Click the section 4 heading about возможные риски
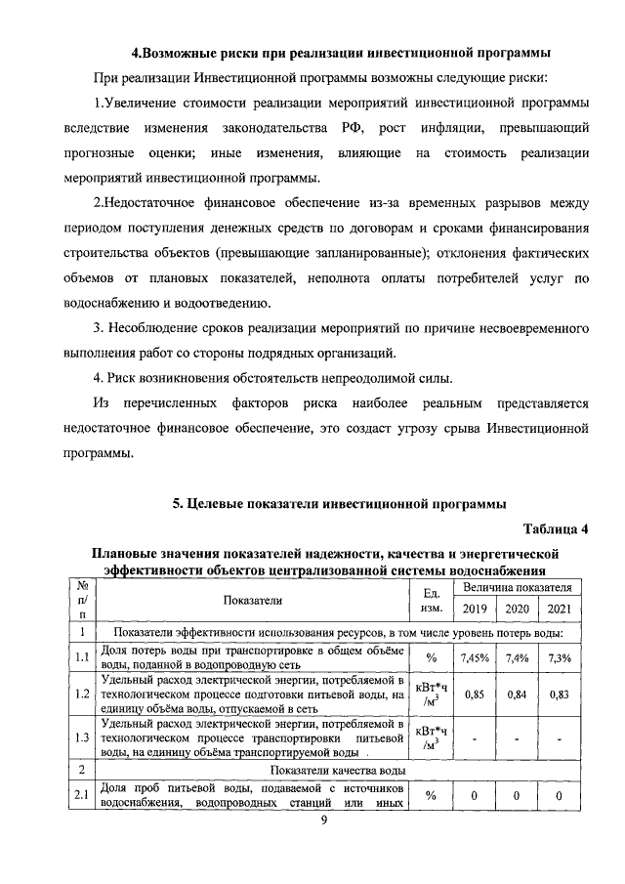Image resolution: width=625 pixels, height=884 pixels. [x=340, y=51]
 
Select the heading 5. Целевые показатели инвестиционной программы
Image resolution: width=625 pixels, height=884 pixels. [x=339, y=504]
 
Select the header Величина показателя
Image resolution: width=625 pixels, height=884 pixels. [x=517, y=588]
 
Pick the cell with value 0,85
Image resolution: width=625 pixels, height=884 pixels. [x=474, y=694]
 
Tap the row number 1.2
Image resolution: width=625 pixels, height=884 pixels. [x=82, y=694]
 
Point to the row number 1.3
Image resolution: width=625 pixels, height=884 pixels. [x=82, y=738]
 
